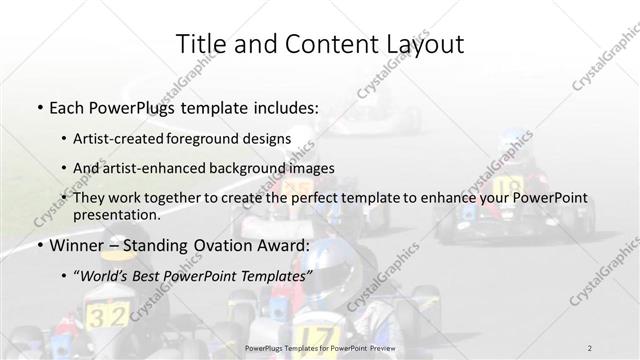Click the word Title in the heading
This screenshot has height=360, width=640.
click(199, 44)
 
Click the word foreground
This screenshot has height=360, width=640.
click(224, 137)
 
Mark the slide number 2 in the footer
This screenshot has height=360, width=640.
click(589, 347)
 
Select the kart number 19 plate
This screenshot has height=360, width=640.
click(507, 186)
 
